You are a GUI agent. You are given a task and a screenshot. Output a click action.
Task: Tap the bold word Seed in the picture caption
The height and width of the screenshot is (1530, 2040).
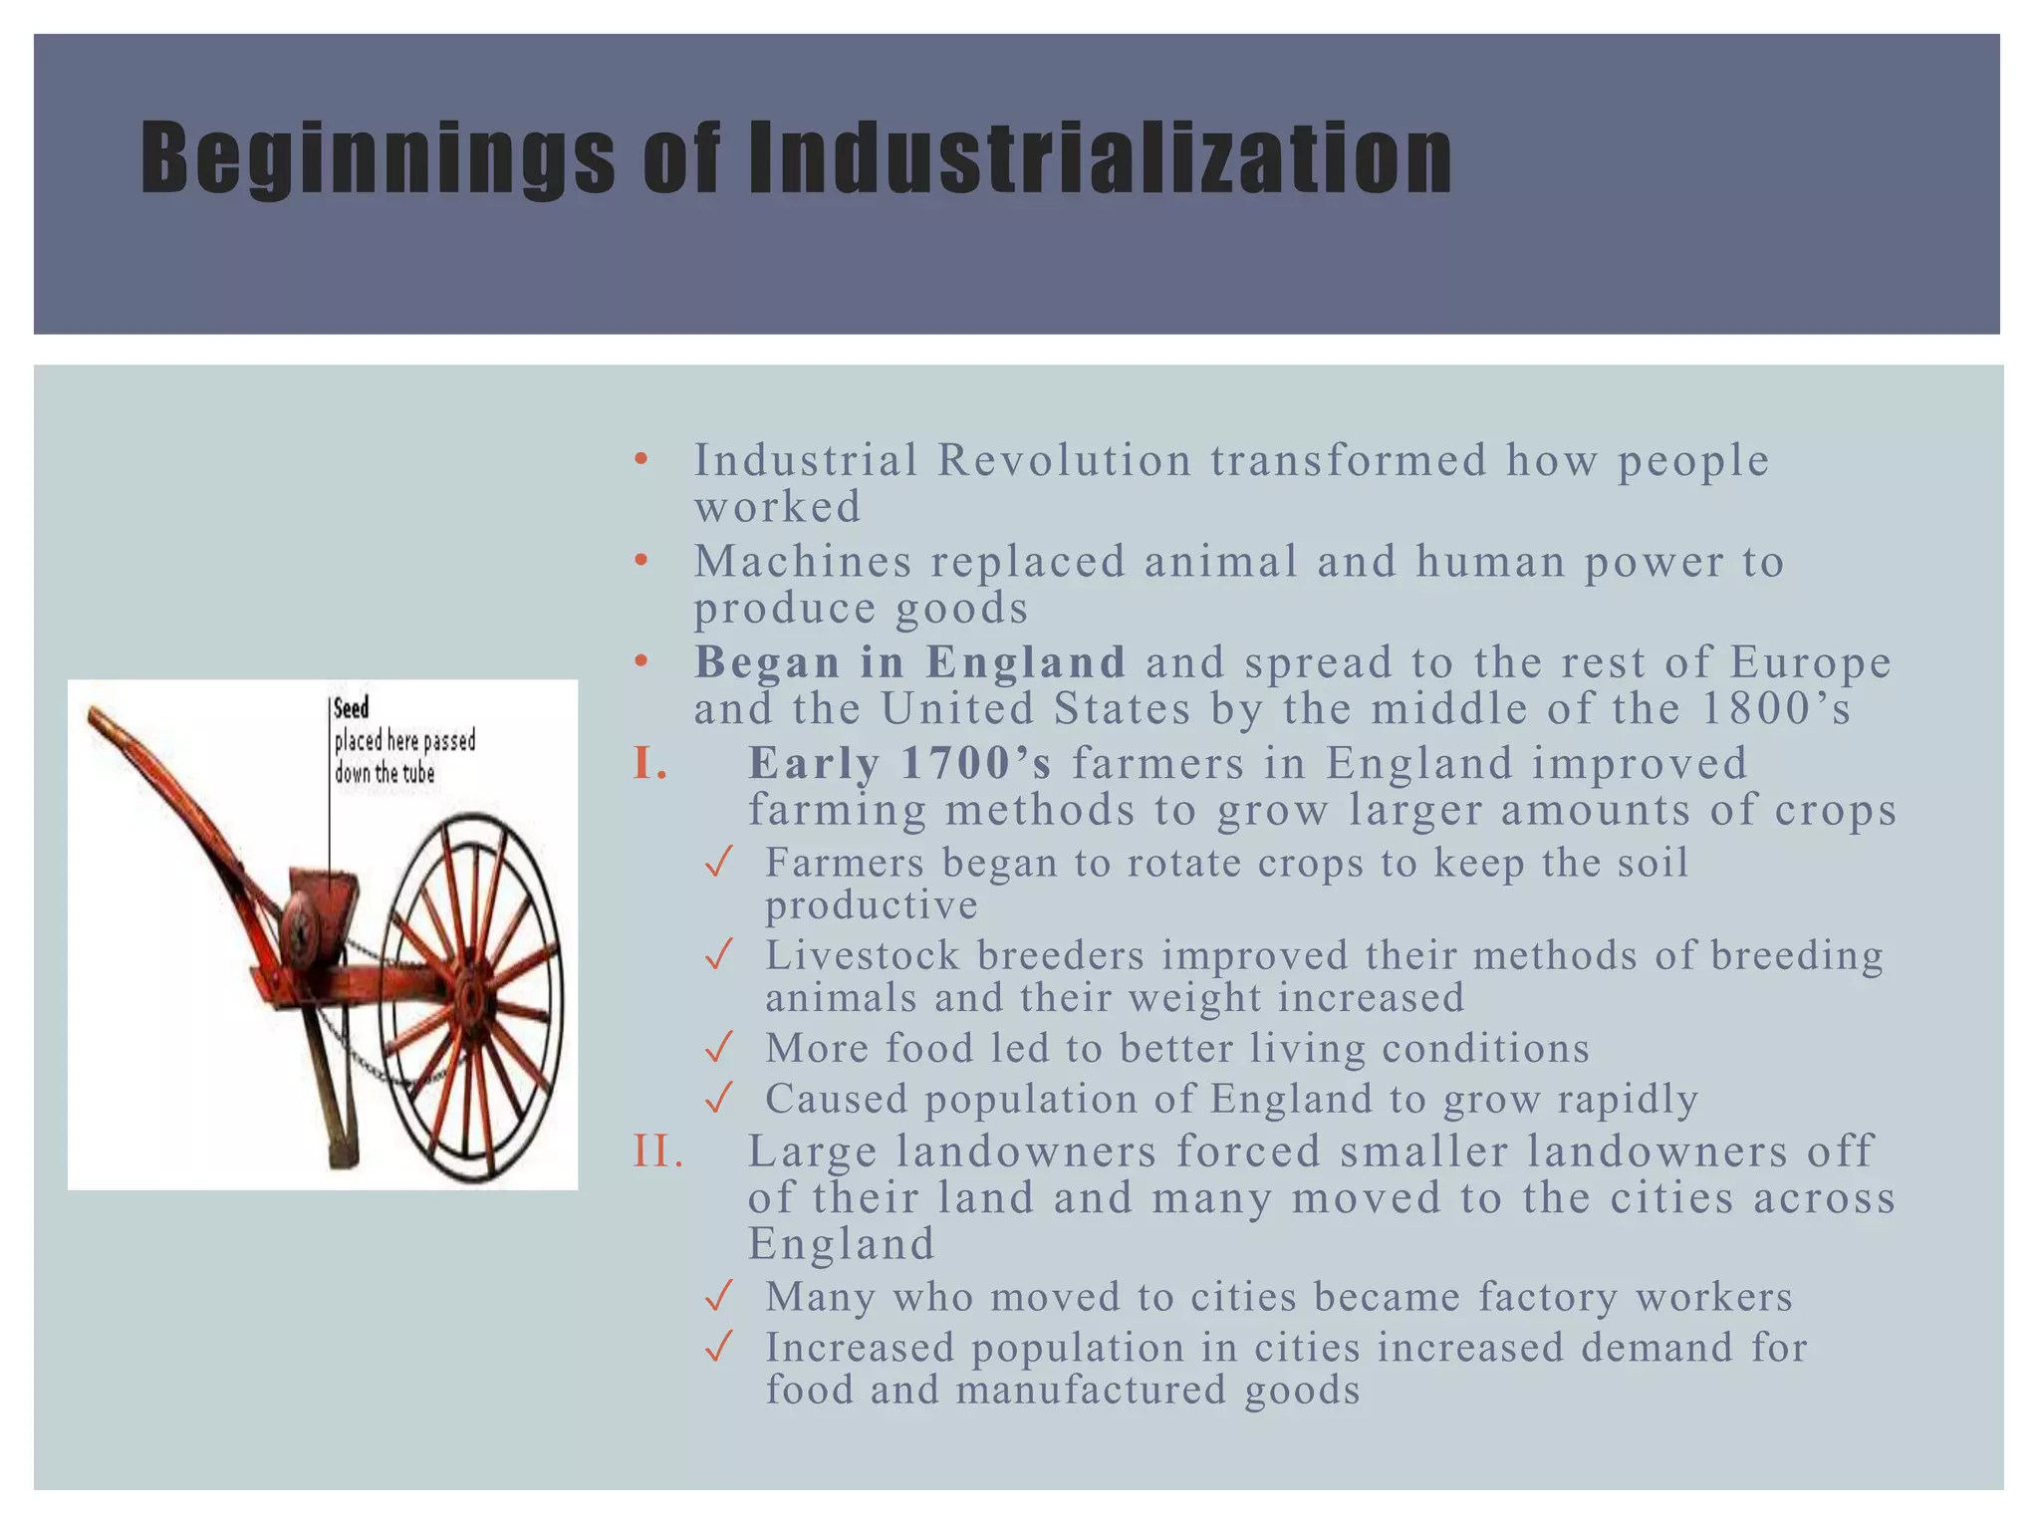[x=351, y=708]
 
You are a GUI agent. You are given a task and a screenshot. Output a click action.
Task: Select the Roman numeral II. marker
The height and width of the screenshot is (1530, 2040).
[x=659, y=1151]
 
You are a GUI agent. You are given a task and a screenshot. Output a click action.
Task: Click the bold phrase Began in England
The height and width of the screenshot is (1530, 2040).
[x=909, y=662]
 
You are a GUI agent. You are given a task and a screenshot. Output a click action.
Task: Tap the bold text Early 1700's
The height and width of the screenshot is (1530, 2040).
[x=899, y=764]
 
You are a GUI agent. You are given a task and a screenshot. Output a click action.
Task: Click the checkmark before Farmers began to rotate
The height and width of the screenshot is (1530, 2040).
[x=718, y=863]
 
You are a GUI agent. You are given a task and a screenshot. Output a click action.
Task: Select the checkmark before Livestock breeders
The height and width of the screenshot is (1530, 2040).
[x=718, y=956]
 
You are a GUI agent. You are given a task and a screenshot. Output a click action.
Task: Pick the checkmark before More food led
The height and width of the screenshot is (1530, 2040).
[x=718, y=1049]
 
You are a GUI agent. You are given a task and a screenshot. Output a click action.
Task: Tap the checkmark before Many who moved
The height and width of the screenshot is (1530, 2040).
[x=718, y=1297]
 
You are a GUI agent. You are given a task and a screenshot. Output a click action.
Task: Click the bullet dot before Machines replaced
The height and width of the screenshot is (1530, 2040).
[x=641, y=561]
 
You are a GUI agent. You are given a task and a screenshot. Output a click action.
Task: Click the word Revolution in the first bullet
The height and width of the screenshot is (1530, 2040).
[x=1064, y=460]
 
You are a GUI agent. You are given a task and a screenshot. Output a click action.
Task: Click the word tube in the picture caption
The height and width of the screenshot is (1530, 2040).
[x=417, y=773]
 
